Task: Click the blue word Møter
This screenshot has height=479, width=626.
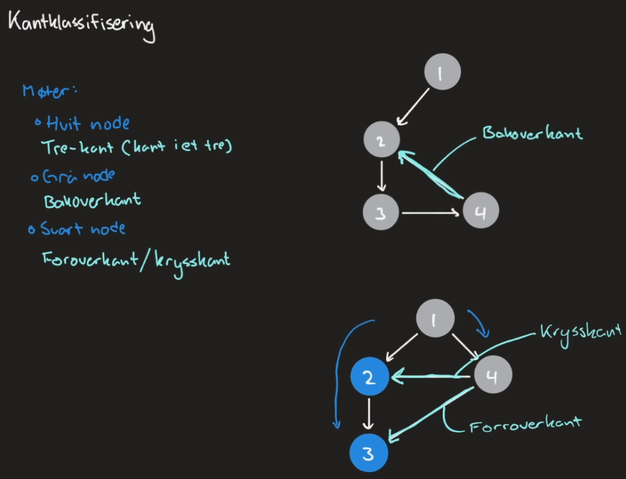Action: (x=51, y=92)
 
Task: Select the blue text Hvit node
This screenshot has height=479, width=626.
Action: (x=88, y=124)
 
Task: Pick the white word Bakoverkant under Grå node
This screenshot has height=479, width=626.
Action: (x=92, y=201)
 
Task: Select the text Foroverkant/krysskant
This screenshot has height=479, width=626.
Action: (x=136, y=260)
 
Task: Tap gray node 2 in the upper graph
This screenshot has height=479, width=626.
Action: (x=381, y=141)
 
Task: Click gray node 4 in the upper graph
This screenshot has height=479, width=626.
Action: (x=480, y=211)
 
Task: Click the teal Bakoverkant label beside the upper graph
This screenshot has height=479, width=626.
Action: (x=532, y=133)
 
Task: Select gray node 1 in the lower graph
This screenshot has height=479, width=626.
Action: (x=435, y=320)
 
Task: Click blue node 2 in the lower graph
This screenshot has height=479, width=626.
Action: (x=370, y=377)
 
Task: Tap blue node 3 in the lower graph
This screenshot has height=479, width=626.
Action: (x=370, y=453)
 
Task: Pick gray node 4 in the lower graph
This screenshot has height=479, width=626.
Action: (x=493, y=376)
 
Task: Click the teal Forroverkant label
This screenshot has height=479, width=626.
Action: (x=525, y=423)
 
